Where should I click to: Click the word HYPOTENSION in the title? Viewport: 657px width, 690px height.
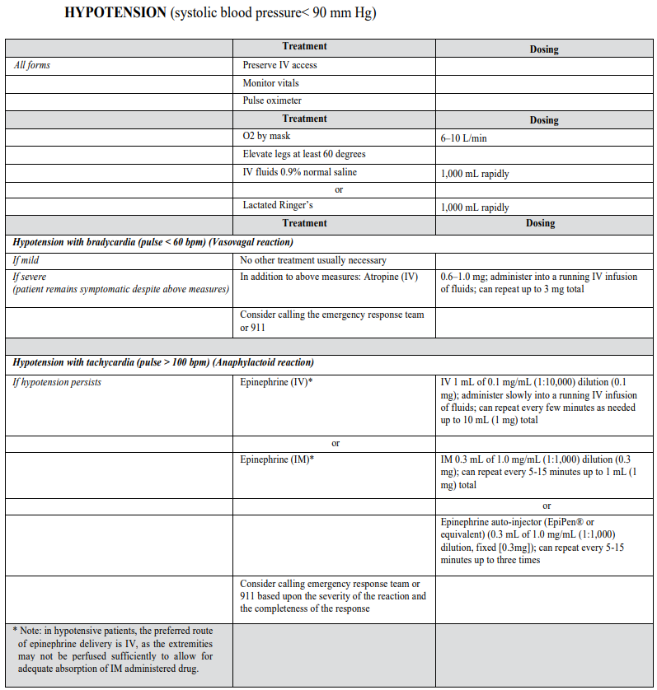pyautogui.click(x=115, y=14)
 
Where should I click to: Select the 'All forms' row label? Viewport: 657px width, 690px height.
pyautogui.click(x=32, y=65)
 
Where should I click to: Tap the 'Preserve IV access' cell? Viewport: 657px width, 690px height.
pyautogui.click(x=279, y=65)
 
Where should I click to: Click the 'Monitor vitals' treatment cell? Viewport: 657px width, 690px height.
pyautogui.click(x=270, y=83)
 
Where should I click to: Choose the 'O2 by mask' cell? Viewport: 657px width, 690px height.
pyautogui.click(x=266, y=136)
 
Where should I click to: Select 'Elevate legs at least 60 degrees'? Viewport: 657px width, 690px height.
pyautogui.click(x=303, y=154)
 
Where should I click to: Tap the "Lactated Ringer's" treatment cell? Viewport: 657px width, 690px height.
pyautogui.click(x=278, y=206)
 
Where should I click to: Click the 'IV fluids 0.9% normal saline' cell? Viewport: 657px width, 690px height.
pyautogui.click(x=299, y=172)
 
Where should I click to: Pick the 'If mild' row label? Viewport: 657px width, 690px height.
pyautogui.click(x=26, y=260)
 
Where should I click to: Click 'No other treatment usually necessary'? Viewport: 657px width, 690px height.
pyautogui.click(x=313, y=260)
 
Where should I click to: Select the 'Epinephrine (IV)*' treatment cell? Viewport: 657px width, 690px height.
pyautogui.click(x=276, y=382)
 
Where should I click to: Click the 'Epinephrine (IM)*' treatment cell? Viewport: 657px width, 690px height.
pyautogui.click(x=277, y=459)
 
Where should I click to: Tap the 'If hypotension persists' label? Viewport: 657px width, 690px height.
pyautogui.click(x=57, y=382)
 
